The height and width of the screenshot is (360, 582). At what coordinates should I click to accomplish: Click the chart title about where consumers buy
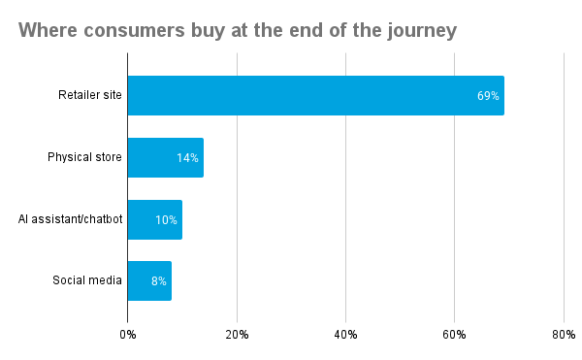point(238,31)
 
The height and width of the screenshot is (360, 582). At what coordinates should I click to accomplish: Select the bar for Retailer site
point(315,95)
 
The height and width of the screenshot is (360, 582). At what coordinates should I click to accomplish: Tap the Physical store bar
point(165,157)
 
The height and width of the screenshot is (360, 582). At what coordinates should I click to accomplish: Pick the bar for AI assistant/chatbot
point(154,219)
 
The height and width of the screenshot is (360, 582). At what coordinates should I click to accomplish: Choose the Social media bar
point(149,281)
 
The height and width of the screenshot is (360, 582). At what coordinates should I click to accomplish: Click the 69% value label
point(487,95)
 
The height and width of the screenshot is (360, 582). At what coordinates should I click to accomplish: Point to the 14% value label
point(187,157)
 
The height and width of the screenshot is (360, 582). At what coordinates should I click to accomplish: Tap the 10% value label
point(166,219)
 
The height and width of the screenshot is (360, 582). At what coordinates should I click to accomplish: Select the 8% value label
point(158,281)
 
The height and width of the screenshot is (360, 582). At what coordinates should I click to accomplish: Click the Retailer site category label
point(89,95)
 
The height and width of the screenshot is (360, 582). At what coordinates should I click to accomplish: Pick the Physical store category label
point(84,157)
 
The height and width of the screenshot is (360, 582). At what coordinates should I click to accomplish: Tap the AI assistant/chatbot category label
point(70,219)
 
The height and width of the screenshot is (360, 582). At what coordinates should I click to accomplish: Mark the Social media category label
point(87,281)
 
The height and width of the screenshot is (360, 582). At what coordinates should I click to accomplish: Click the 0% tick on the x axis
point(128,334)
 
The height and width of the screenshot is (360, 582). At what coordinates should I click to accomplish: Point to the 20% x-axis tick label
point(237,334)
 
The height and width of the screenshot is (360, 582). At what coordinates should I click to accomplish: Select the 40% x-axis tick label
point(345,334)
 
